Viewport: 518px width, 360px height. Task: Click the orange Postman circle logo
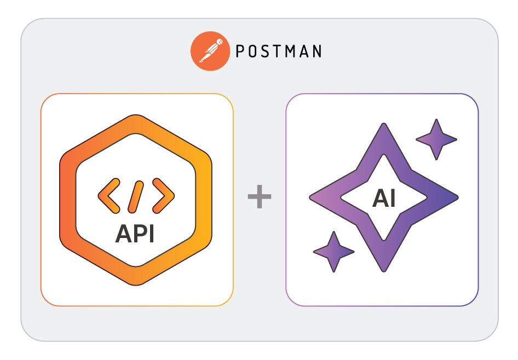pos(209,51)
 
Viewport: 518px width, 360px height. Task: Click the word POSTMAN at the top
pos(278,51)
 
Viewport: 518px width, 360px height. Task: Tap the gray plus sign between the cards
pos(260,198)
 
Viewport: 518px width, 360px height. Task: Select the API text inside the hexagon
pos(135,234)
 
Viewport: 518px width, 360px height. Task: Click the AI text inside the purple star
pos(383,199)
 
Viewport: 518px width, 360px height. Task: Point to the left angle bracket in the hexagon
pos(108,195)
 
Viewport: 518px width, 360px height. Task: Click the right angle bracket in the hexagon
pos(163,195)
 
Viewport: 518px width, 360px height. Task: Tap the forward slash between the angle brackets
pos(136,195)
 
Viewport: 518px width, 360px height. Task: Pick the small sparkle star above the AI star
pos(436,140)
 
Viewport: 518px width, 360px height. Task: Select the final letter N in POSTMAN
pos(316,51)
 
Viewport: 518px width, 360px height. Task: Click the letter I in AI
pos(393,199)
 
